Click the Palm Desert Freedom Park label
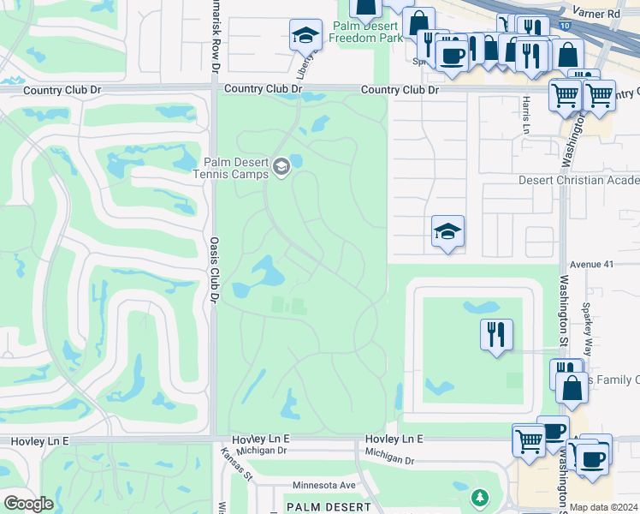click(x=366, y=32)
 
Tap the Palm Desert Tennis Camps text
click(x=235, y=168)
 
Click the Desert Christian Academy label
click(x=579, y=180)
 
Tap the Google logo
click(x=28, y=504)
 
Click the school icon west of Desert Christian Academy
click(x=447, y=230)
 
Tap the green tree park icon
click(x=480, y=497)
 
